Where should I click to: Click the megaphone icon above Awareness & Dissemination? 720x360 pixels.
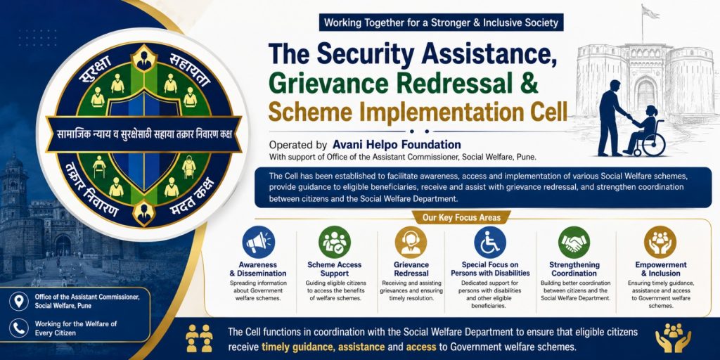click(259, 242)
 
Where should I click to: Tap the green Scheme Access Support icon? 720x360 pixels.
click(335, 242)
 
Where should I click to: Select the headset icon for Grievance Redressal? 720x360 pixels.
click(411, 242)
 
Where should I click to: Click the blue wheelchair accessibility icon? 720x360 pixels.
click(490, 242)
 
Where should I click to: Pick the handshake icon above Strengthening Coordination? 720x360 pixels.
click(574, 242)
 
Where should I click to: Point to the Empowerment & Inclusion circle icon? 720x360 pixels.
click(660, 242)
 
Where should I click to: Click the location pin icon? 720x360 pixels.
click(19, 301)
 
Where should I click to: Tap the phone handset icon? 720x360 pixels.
click(19, 328)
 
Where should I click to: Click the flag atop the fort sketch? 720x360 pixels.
click(649, 11)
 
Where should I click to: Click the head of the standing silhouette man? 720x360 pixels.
click(615, 85)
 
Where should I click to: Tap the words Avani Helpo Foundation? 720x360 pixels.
click(397, 145)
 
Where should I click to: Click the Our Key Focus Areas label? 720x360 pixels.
click(456, 217)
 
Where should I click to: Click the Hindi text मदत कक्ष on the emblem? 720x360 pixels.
click(188, 200)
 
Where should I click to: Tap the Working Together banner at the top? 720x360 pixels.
click(442, 22)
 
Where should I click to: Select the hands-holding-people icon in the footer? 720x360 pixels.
click(673, 338)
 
